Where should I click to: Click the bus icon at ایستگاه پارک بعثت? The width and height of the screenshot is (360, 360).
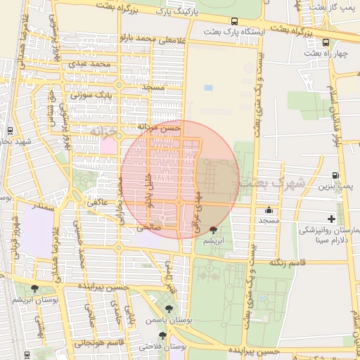(x=233, y=21)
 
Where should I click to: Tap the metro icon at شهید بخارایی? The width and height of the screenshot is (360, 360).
(x=9, y=131)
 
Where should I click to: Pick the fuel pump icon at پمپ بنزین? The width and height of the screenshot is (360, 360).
(x=335, y=176)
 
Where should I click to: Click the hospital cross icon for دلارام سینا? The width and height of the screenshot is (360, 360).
(x=332, y=219)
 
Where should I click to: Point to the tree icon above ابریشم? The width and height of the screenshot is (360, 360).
(x=213, y=230)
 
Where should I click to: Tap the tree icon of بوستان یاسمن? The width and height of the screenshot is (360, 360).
(x=168, y=308)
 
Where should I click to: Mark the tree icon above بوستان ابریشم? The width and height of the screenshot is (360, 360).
(x=34, y=288)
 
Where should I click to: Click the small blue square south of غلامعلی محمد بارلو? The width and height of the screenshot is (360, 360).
(x=208, y=88)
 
